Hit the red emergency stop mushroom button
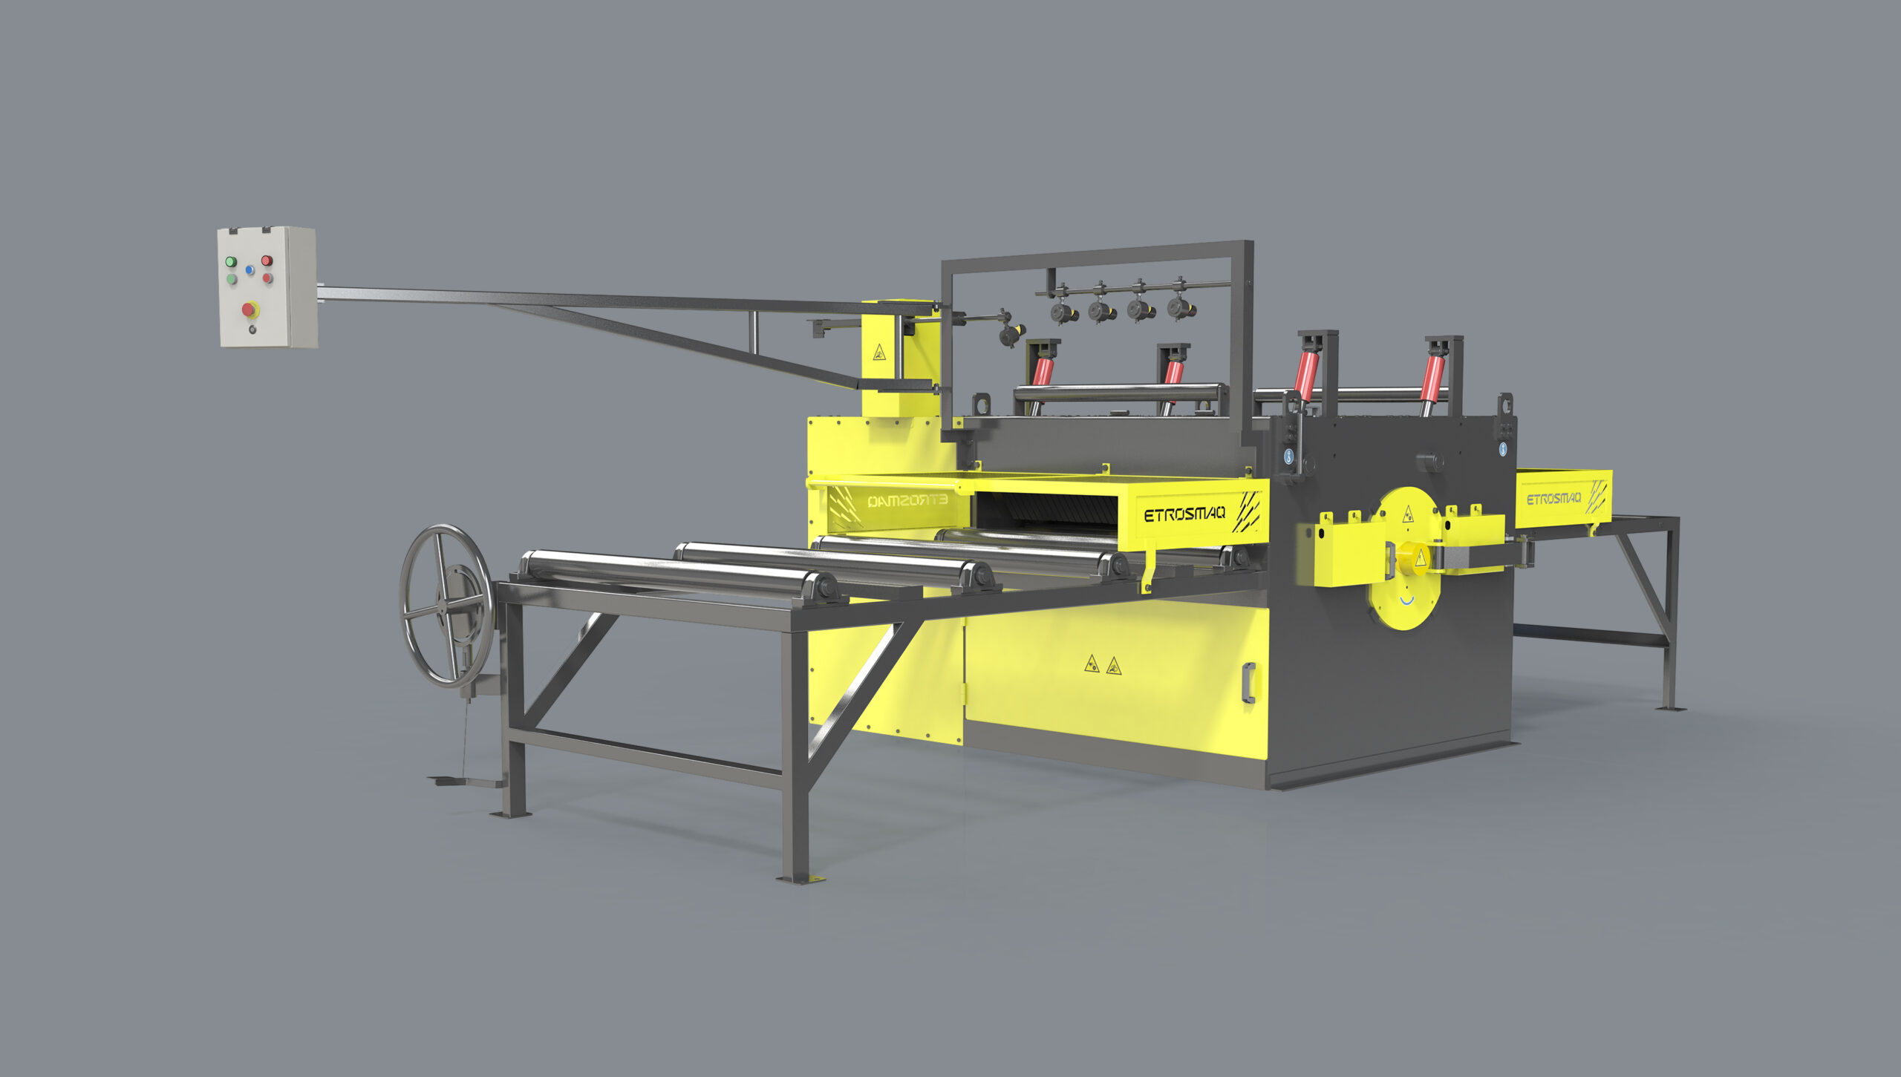[x=250, y=309]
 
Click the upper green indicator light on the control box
[x=231, y=262]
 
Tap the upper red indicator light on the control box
[x=266, y=261]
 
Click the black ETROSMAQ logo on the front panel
[x=1184, y=514]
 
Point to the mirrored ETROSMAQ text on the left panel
[x=907, y=501]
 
